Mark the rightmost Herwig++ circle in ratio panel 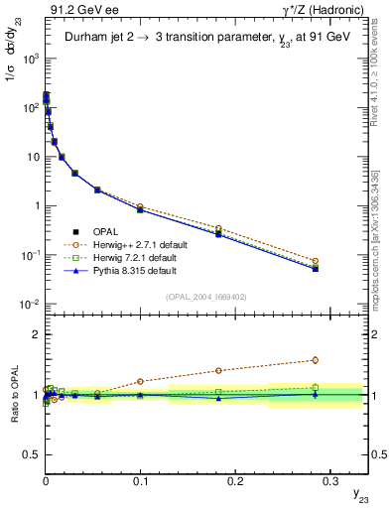point(315,360)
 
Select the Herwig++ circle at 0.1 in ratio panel point(140,381)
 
